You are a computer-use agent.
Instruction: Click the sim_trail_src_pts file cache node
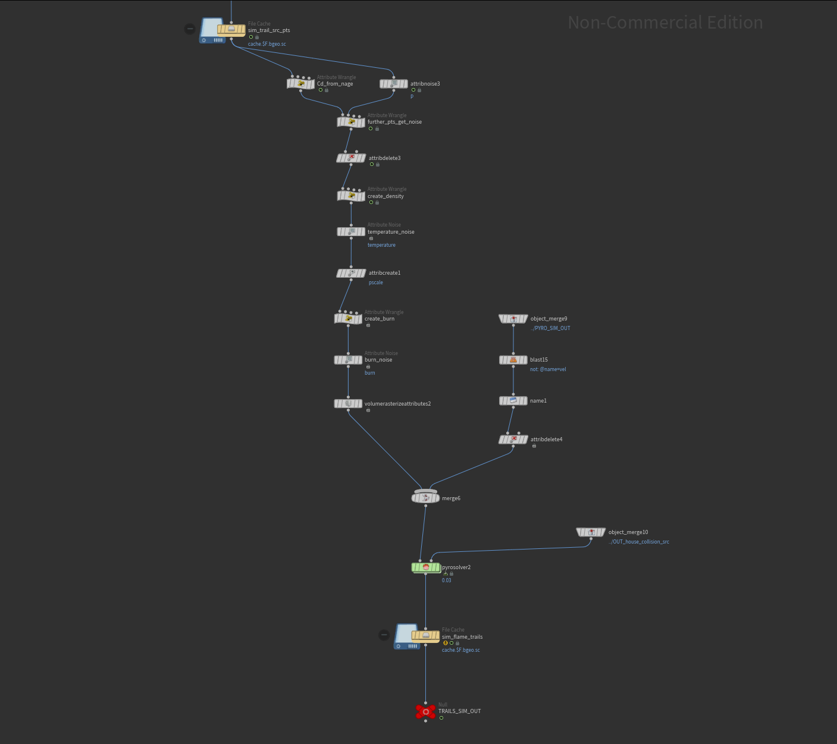231,30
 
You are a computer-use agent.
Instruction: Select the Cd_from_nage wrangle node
300,84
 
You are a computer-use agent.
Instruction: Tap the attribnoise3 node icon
394,84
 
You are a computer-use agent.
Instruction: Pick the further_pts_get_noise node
351,122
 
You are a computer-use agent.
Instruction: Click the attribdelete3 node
351,158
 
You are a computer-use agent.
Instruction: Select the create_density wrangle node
351,196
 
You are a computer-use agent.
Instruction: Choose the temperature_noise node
351,232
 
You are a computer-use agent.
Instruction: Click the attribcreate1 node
351,273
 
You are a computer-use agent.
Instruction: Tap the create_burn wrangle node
348,319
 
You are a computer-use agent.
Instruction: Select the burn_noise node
348,360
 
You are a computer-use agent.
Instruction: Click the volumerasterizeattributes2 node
348,404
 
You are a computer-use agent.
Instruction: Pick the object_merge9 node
513,319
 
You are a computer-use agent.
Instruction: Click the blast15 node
513,360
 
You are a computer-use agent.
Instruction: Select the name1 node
513,401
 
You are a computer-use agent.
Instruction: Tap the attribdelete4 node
513,440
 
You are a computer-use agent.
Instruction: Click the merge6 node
425,498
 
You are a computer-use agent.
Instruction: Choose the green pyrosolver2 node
425,567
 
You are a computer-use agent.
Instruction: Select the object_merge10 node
591,532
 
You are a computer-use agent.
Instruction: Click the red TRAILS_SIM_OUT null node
425,711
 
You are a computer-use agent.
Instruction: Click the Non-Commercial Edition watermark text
665,23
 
